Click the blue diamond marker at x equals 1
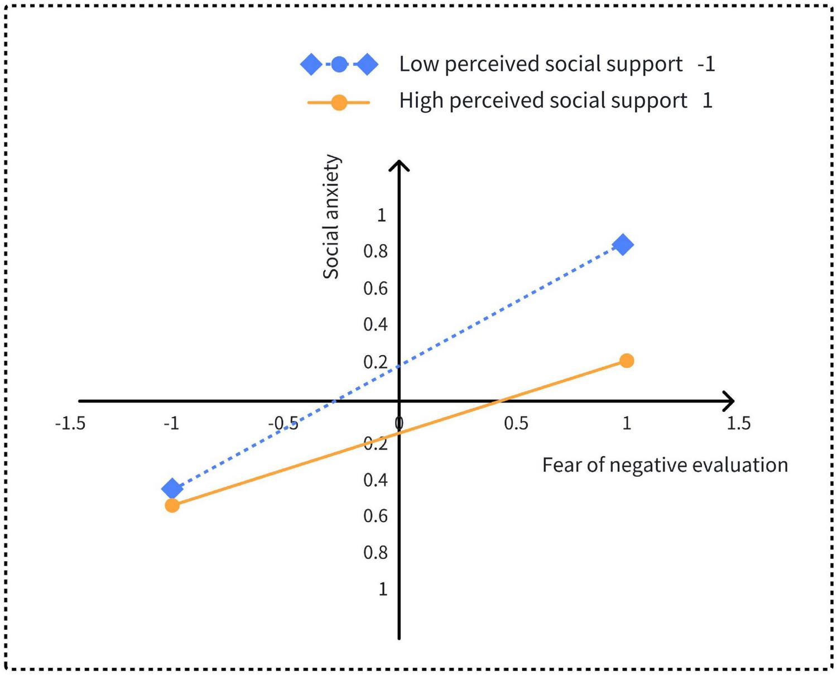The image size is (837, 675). (623, 245)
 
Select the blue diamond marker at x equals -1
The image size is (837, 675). (172, 489)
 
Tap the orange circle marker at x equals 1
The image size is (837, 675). (627, 361)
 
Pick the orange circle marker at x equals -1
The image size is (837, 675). (172, 505)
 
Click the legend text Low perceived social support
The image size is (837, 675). (541, 64)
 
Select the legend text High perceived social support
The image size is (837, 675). (543, 101)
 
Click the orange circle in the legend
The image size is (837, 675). (339, 103)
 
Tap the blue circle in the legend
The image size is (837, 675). (339, 65)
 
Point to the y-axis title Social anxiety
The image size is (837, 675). (331, 217)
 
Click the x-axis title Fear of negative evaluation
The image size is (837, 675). (665, 465)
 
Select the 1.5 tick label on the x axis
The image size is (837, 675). (738, 424)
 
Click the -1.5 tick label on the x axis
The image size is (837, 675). (70, 424)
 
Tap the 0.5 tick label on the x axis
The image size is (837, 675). (516, 424)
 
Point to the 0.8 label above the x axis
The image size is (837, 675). (376, 252)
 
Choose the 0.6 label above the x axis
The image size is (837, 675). (376, 289)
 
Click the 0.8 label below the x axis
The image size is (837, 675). (376, 553)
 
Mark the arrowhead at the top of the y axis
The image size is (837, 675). (399, 164)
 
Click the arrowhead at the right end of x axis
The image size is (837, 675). (730, 400)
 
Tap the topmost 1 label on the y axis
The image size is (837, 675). (382, 215)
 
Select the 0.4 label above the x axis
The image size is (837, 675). (376, 324)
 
